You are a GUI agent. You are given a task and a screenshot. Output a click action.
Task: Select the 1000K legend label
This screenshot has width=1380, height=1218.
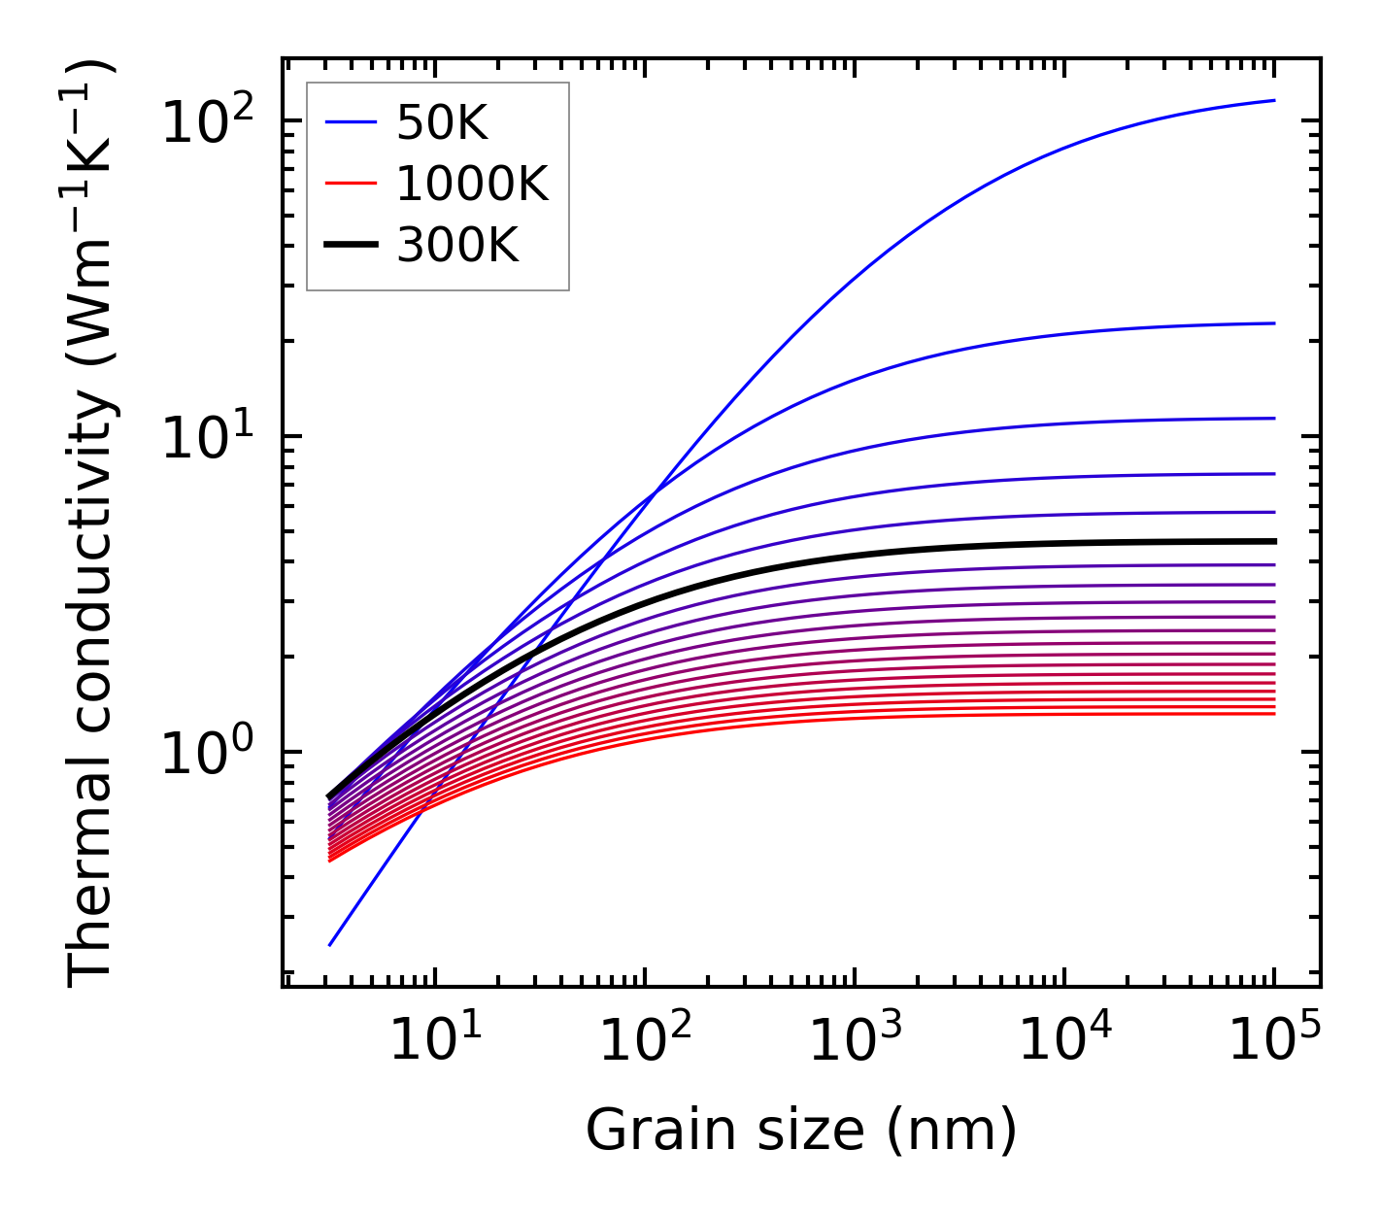tap(472, 185)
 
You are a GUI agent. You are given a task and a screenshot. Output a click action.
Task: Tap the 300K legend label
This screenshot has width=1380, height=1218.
tap(457, 247)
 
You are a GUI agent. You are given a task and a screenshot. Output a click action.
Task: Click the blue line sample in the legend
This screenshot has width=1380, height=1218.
tap(350, 122)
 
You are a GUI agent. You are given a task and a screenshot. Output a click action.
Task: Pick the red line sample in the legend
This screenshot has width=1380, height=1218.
tap(350, 185)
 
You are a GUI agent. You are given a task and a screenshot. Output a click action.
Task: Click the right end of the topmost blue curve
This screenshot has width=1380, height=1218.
tap(1273, 100)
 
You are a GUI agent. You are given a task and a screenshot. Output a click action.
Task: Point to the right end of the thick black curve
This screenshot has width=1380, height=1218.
tap(1273, 541)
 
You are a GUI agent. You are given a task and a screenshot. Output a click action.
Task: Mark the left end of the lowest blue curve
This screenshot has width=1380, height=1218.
tap(330, 944)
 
